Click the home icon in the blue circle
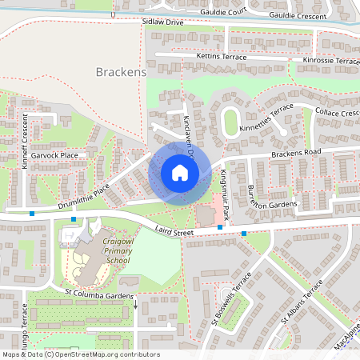(x=179, y=173)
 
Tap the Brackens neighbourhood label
(x=121, y=72)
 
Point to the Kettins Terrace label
(x=222, y=57)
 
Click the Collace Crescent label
(x=336, y=113)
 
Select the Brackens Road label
(x=295, y=152)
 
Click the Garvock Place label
(x=55, y=155)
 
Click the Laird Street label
(x=175, y=232)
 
